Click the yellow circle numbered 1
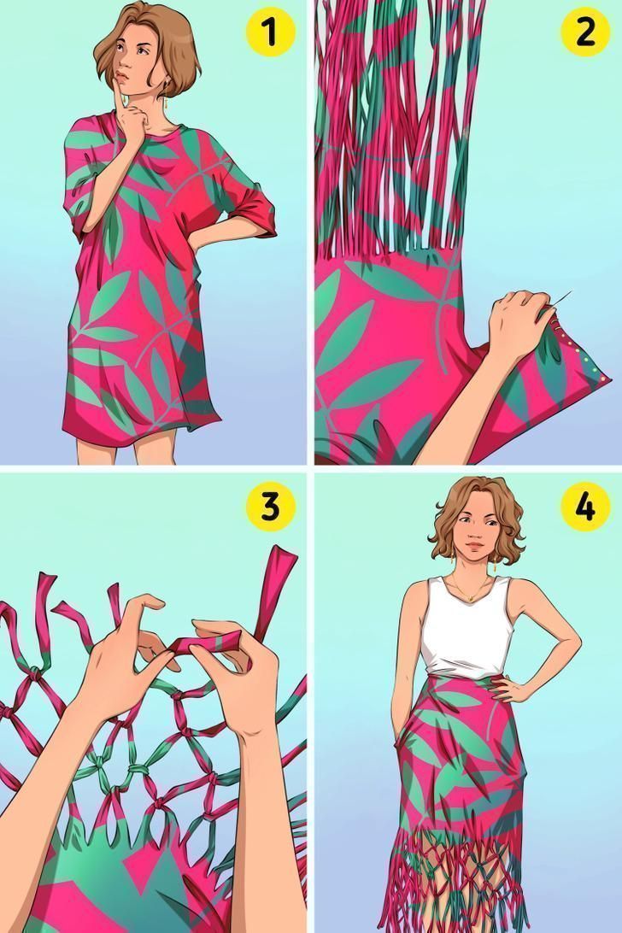(x=270, y=32)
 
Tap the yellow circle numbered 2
(x=585, y=32)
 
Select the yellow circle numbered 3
(x=270, y=507)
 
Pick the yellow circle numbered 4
(x=585, y=507)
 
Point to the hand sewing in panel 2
(x=519, y=321)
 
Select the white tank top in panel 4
(x=466, y=628)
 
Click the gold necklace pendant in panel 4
(x=470, y=597)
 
